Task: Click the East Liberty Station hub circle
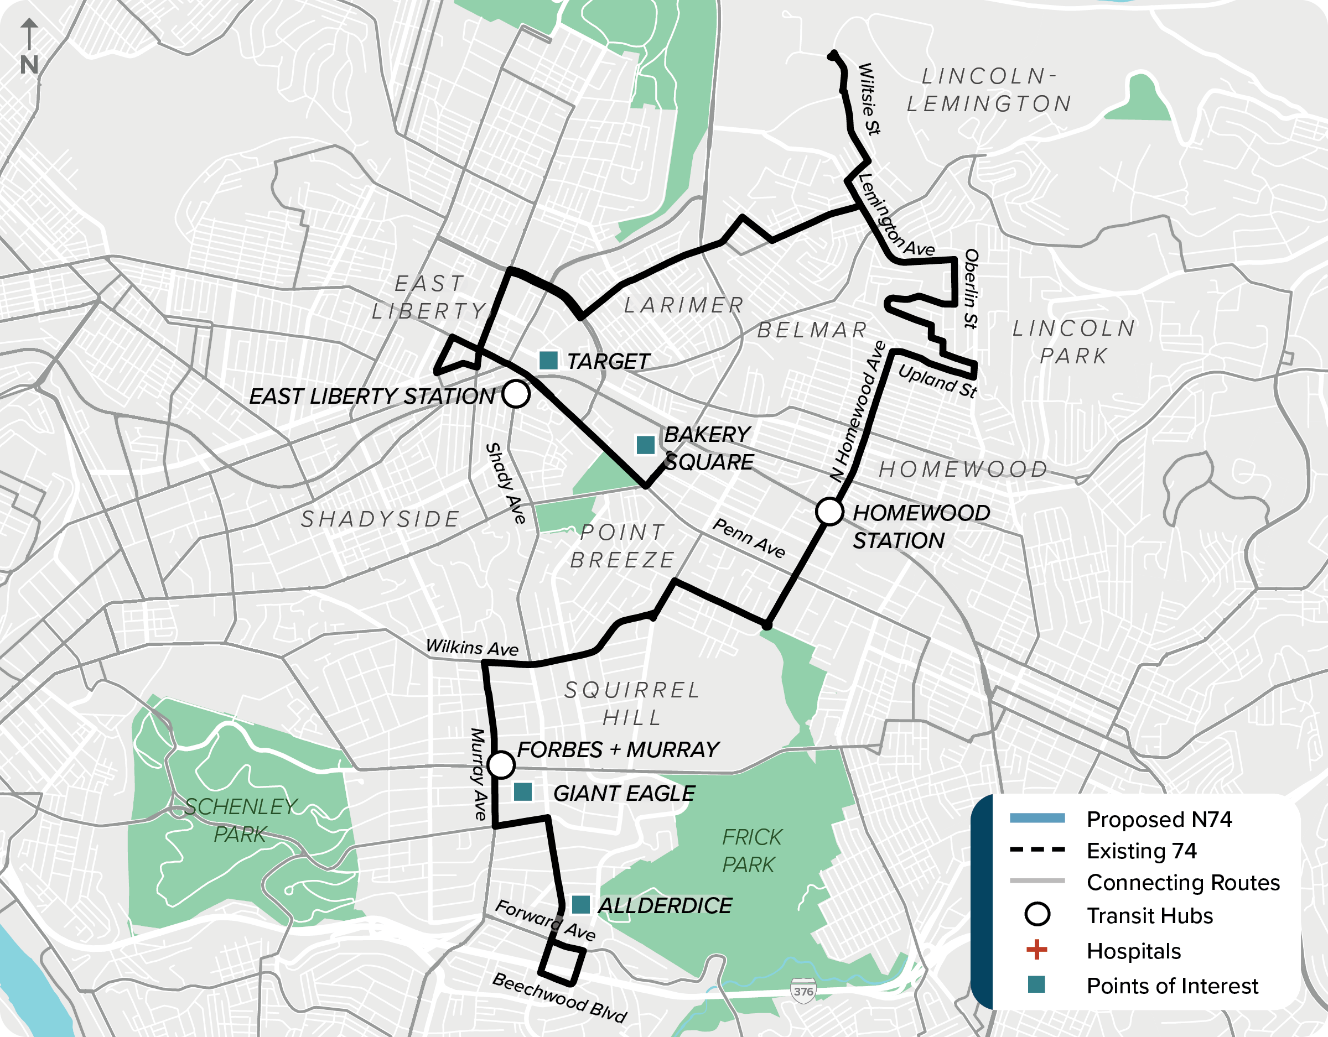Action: pyautogui.click(x=516, y=394)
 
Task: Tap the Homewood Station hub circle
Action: pyautogui.click(x=829, y=511)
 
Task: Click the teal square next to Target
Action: pyautogui.click(x=548, y=361)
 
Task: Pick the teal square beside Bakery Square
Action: pyautogui.click(x=645, y=444)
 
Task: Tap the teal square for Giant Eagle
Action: pyautogui.click(x=523, y=791)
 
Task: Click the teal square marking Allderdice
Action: pyautogui.click(x=580, y=904)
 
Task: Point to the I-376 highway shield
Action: pyautogui.click(x=803, y=991)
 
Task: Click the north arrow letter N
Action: pyautogui.click(x=29, y=65)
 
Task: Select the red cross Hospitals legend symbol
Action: pyautogui.click(x=1037, y=950)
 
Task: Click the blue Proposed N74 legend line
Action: pyautogui.click(x=1037, y=818)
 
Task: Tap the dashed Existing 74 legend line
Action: pyautogui.click(x=1037, y=850)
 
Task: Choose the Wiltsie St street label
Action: pyautogui.click(x=869, y=98)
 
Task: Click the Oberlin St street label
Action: pyautogui.click(x=971, y=288)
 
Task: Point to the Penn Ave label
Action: pyautogui.click(x=749, y=538)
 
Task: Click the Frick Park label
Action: pyautogui.click(x=751, y=851)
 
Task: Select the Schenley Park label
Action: pyautogui.click(x=241, y=820)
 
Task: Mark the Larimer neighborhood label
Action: pyautogui.click(x=684, y=305)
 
